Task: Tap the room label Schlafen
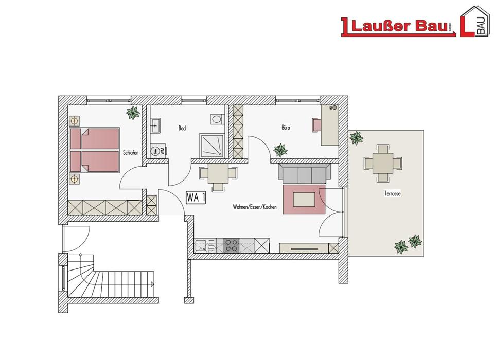coord(130,153)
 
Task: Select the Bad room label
coord(182,128)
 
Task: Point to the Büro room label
coord(286,127)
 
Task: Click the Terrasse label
coord(392,194)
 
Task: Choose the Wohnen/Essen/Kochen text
coord(255,207)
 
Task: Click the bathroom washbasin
coord(156,124)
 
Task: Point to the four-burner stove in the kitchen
coord(232,246)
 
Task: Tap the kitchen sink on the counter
coord(206,246)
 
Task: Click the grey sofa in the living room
coord(304,173)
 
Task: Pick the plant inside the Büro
coord(281,150)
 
